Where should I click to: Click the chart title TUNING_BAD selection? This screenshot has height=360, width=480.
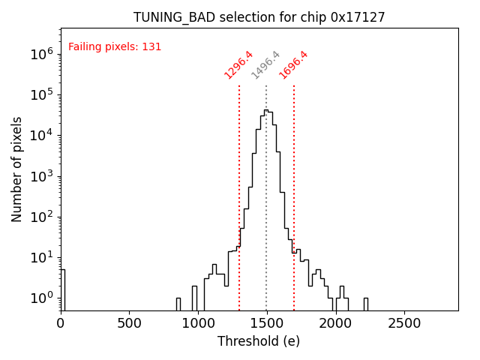point(259,17)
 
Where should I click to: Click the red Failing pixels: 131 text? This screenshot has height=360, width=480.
point(115,47)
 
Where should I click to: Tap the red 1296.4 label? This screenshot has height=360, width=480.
point(238,65)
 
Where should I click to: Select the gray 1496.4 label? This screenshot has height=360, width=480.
point(265,65)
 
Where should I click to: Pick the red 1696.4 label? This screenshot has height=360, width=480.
point(293,65)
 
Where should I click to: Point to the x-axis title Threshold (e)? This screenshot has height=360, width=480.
point(259,341)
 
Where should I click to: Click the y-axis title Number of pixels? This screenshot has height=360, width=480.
point(17,169)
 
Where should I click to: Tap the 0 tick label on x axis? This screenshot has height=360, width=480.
point(61,322)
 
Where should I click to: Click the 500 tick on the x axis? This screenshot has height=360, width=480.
point(130,322)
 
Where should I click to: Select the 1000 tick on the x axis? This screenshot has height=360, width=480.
point(198,322)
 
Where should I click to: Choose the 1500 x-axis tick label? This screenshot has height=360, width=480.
point(267,322)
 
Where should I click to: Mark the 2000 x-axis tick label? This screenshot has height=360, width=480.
point(336,322)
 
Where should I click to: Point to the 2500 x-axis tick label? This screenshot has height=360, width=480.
point(405,322)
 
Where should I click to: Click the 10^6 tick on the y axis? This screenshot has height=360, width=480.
point(41,54)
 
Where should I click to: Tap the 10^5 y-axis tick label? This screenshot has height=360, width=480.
point(41,94)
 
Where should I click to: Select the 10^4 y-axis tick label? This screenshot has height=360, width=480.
point(41,135)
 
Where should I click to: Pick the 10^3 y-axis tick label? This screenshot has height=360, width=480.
point(41,176)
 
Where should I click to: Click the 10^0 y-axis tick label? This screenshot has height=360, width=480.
point(41,298)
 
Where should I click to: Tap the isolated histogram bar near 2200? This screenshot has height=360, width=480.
point(365,304)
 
